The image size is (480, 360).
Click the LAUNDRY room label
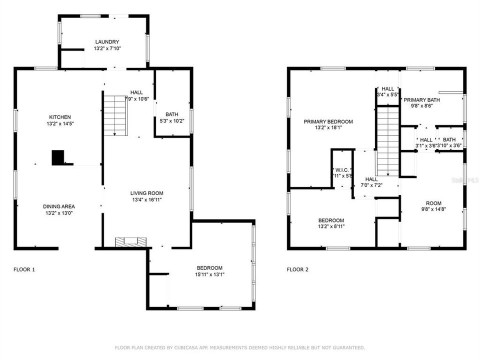[x=107, y=41]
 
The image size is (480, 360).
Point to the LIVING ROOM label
[x=146, y=193]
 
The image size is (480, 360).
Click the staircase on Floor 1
[x=115, y=115]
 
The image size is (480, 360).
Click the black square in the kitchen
[x=58, y=157]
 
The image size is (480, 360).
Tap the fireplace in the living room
[x=132, y=242]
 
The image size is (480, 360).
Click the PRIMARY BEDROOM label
[x=327, y=121]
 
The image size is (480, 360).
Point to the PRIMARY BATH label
[x=421, y=99]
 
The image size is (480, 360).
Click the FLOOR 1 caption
[x=23, y=269]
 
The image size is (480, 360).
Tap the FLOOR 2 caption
[x=297, y=269]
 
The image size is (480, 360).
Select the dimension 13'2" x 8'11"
[x=331, y=226]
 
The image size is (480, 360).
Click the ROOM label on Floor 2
[x=433, y=203]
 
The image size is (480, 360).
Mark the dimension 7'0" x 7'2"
[x=371, y=185]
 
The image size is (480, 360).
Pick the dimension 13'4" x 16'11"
[x=146, y=199]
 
